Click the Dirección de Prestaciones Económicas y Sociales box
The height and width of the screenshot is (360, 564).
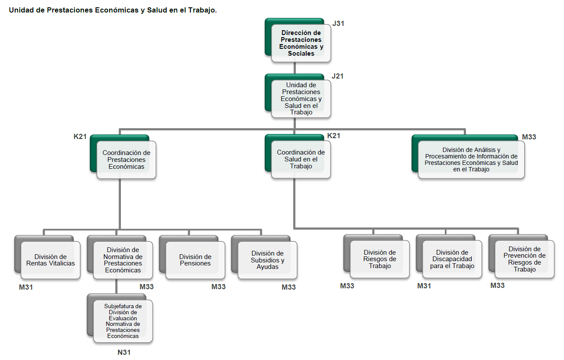click(301, 43)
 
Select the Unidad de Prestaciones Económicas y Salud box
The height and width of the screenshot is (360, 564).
click(301, 99)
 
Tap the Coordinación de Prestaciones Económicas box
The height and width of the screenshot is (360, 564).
click(126, 160)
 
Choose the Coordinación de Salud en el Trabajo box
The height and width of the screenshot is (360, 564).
click(301, 159)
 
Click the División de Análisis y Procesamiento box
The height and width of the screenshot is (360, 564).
click(471, 160)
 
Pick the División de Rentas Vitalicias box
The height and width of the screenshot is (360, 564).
click(51, 260)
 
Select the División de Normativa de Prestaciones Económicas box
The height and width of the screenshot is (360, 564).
click(123, 260)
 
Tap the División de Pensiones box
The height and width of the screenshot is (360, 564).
click(195, 260)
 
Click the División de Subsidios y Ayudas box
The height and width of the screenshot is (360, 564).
click(267, 260)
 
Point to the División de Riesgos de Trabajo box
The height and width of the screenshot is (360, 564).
click(380, 259)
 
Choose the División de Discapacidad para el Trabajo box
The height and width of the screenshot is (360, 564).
click(452, 259)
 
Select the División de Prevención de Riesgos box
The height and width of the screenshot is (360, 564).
click(524, 259)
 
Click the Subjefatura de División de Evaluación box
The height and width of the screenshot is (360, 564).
click(123, 321)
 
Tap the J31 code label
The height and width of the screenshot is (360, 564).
click(338, 23)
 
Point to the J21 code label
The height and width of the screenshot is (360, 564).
click(338, 76)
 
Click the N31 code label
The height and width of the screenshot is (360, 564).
click(124, 353)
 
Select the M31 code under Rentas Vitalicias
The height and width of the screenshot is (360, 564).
click(26, 287)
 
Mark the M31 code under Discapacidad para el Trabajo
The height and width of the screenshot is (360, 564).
click(424, 286)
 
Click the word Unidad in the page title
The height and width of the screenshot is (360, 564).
click(21, 10)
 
